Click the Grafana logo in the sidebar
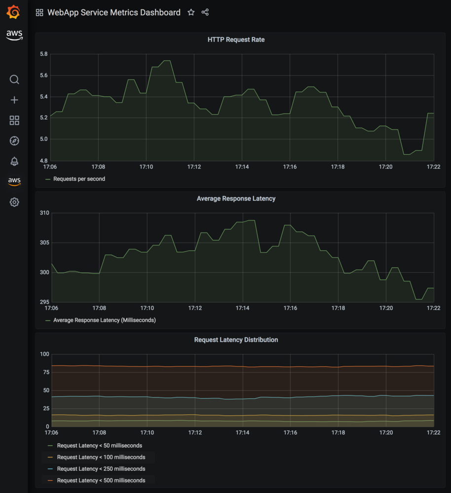point(14,12)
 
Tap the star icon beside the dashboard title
point(191,12)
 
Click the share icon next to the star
point(205,12)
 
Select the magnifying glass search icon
point(14,80)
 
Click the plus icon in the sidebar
point(14,100)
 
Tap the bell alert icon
point(14,161)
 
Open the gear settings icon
point(14,202)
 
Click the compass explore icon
point(14,141)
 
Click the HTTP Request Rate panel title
point(236,39)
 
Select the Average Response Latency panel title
point(236,199)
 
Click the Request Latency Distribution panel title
point(236,340)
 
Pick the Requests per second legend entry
point(79,179)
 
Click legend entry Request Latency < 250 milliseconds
point(101,469)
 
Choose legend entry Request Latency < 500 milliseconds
point(101,480)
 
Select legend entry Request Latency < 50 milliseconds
point(99,446)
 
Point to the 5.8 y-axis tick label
point(43,54)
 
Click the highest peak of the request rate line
point(167,61)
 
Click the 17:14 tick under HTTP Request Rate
point(242,167)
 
